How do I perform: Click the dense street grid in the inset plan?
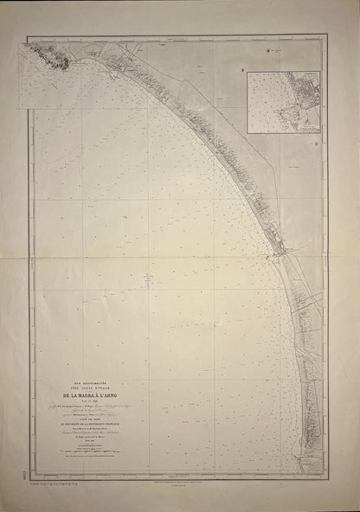(x=302, y=92)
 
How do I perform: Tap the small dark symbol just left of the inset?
(x=243, y=69)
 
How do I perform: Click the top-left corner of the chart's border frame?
(x=27, y=35)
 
